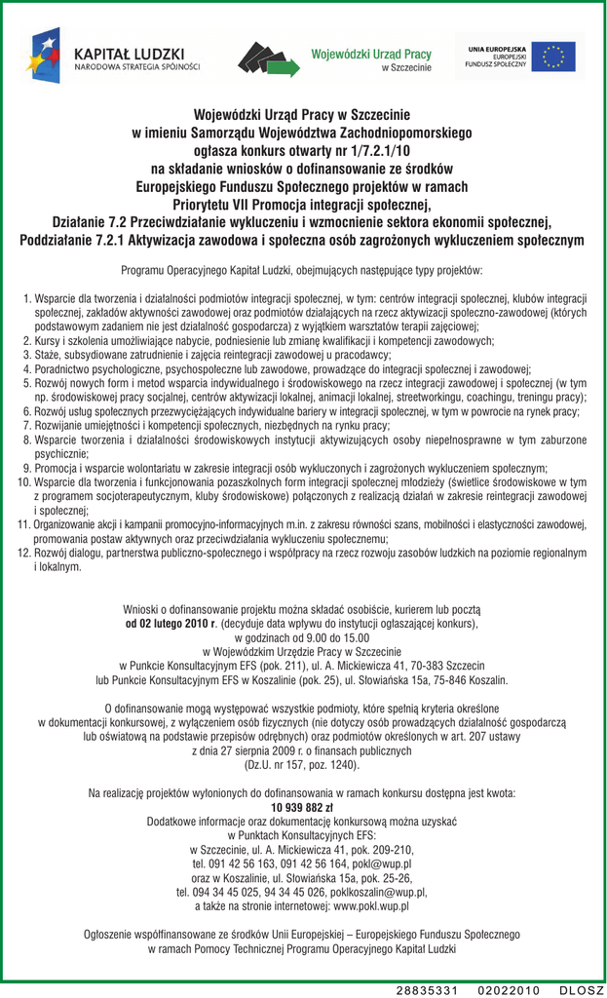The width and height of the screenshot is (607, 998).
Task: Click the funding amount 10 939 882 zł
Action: (302, 808)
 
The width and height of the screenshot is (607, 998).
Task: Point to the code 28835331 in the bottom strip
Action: (427, 989)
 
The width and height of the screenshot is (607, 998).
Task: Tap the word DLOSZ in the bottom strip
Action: (582, 989)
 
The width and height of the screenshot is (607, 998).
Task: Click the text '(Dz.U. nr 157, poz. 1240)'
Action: (302, 766)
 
